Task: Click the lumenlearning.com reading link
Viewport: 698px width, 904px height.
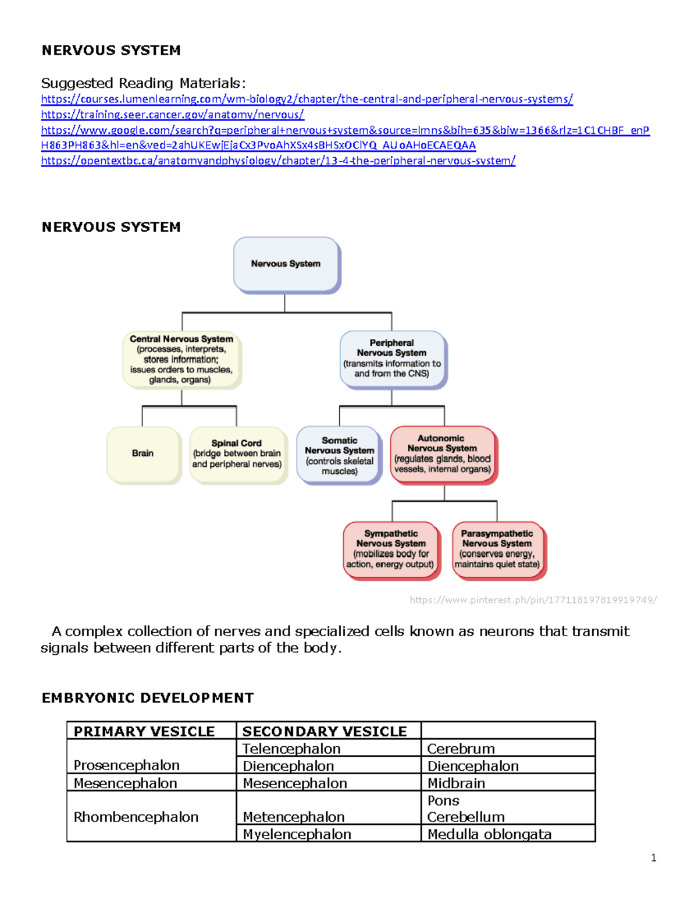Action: (307, 99)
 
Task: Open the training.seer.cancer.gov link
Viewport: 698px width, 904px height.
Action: (172, 115)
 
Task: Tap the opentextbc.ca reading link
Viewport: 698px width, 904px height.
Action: (278, 161)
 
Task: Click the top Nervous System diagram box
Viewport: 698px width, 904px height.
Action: (286, 264)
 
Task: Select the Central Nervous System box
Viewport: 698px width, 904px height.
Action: (181, 359)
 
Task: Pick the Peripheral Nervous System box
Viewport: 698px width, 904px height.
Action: (392, 359)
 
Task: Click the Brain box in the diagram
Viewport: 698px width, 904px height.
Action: (143, 453)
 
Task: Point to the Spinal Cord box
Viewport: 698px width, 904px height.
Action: (237, 454)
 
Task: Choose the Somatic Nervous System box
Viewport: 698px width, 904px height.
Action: (339, 455)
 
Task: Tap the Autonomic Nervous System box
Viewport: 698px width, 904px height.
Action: (443, 454)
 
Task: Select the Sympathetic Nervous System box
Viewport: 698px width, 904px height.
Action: (390, 549)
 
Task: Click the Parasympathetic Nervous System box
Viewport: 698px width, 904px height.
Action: (497, 549)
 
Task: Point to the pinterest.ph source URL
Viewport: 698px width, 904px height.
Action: (533, 600)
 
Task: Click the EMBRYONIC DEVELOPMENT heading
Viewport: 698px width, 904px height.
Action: (148, 698)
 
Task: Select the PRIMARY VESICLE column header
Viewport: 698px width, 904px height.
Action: (144, 731)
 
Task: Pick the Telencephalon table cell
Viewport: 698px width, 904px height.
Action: (291, 749)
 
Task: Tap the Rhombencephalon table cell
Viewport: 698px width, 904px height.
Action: (136, 817)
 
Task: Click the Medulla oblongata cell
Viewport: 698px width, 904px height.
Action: (489, 834)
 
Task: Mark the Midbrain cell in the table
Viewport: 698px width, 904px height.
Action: (456, 783)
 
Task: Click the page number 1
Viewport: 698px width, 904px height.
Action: (654, 857)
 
